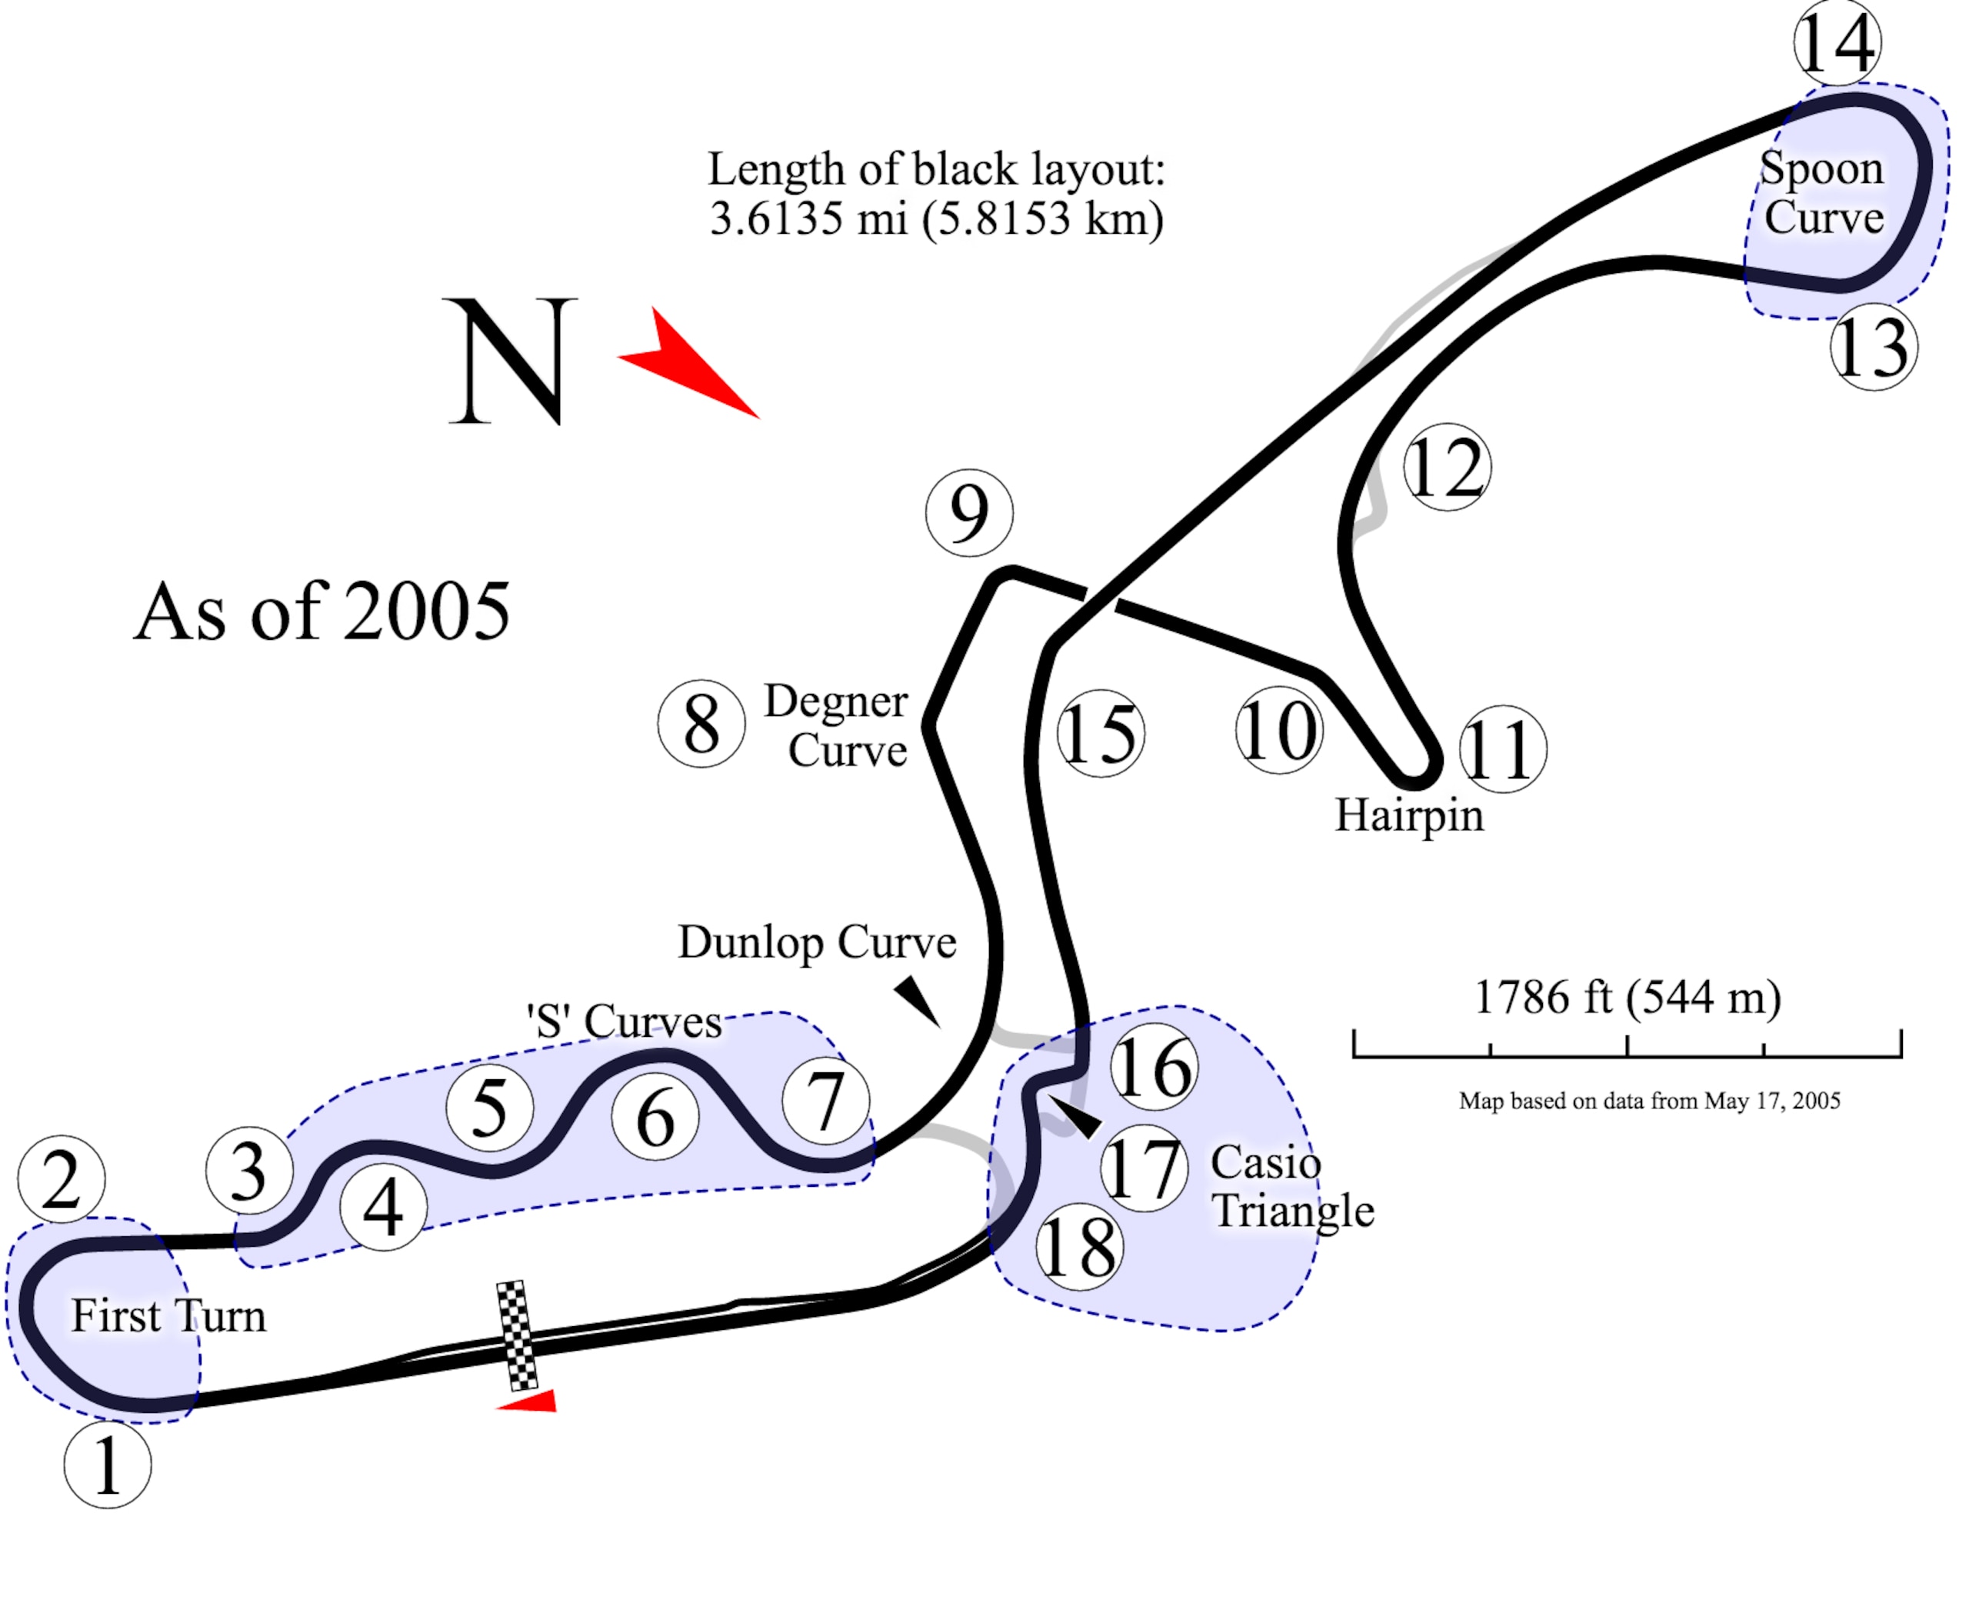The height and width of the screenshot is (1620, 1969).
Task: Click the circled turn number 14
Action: pyautogui.click(x=1837, y=43)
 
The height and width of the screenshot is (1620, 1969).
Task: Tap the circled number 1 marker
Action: pyautogui.click(x=108, y=1464)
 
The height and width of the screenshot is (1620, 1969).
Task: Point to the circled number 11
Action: pyautogui.click(x=1502, y=748)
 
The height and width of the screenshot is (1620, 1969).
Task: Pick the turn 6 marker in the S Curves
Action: pyautogui.click(x=655, y=1116)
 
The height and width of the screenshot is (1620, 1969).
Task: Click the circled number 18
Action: pyautogui.click(x=1079, y=1247)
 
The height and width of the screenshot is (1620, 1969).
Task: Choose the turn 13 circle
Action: pyautogui.click(x=1874, y=346)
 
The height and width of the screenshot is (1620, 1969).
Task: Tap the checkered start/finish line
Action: pyautogui.click(x=517, y=1335)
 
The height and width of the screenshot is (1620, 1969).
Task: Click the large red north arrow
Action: pyautogui.click(x=688, y=362)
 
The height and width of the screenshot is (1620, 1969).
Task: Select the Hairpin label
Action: pyautogui.click(x=1409, y=815)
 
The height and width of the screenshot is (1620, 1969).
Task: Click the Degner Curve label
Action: pyautogui.click(x=836, y=725)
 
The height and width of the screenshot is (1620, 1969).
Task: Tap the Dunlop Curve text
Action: pyautogui.click(x=817, y=942)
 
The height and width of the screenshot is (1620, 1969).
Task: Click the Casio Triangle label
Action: pyautogui.click(x=1292, y=1186)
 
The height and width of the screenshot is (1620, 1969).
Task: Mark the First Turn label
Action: pyautogui.click(x=169, y=1316)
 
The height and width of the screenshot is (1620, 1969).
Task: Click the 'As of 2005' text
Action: pyautogui.click(x=322, y=612)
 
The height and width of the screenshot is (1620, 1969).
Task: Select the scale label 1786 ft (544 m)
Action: pyautogui.click(x=1628, y=997)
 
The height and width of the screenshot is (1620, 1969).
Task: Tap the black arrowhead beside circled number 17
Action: pyautogui.click(x=1077, y=1117)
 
